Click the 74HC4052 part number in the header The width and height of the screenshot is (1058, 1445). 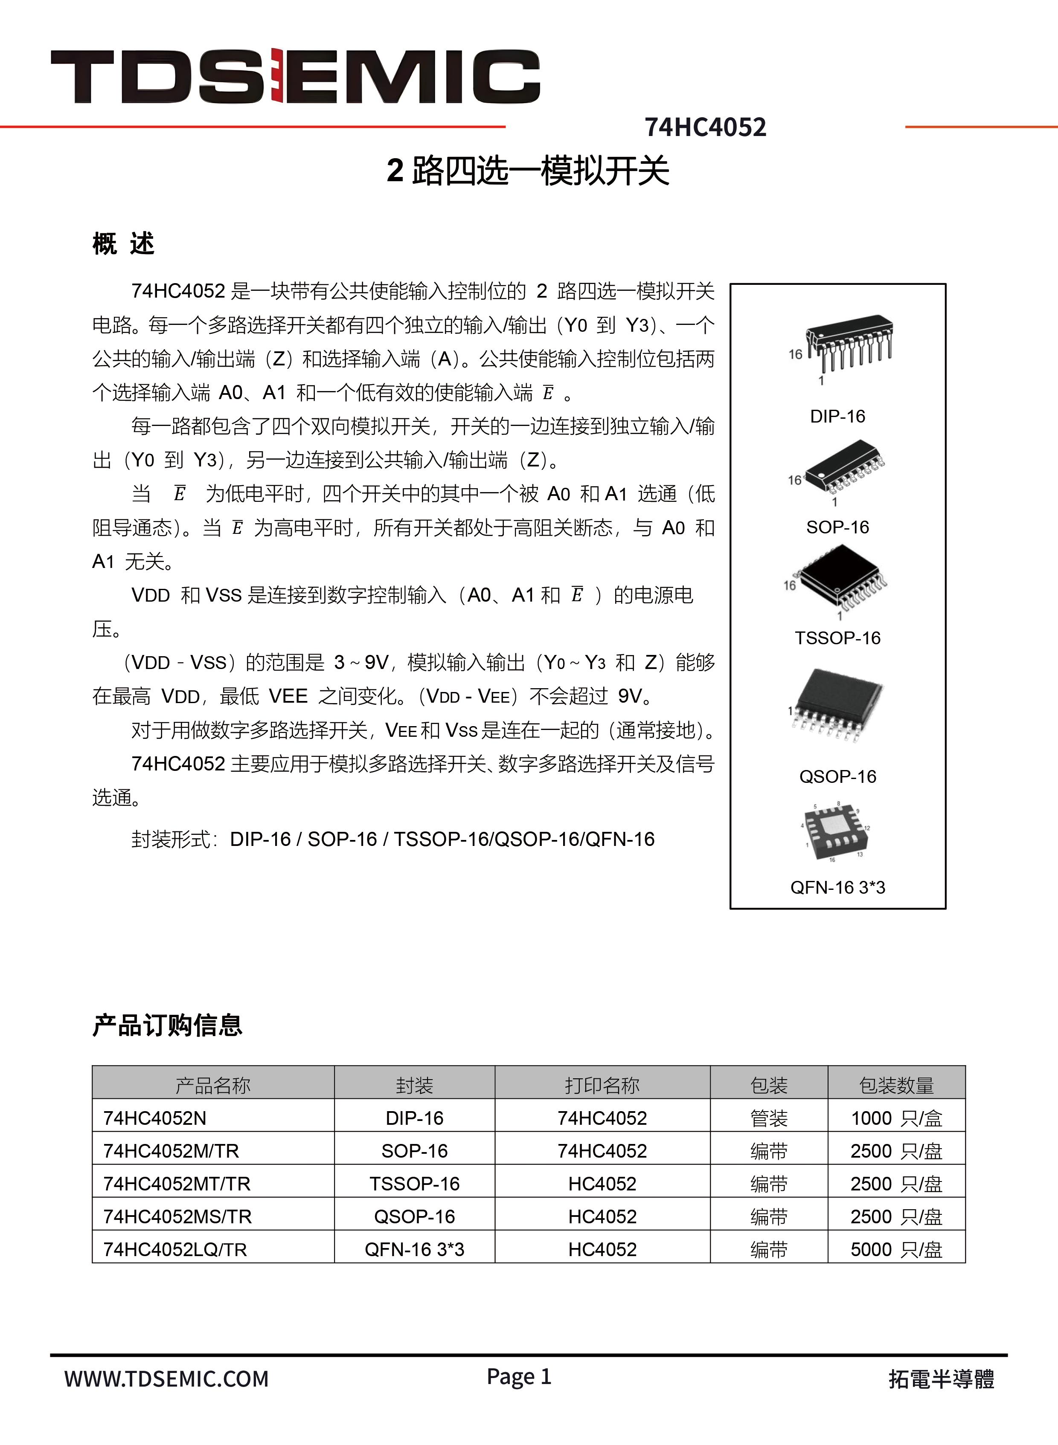pos(705,127)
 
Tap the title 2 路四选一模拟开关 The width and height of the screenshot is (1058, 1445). pos(528,171)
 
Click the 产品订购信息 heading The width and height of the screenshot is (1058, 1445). pos(167,1025)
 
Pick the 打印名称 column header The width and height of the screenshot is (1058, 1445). pos(602,1086)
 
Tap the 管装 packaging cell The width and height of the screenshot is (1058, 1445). pos(768,1118)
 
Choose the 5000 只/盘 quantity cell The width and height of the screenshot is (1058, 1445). pos(896,1249)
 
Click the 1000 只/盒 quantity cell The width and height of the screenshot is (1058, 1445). pos(896,1118)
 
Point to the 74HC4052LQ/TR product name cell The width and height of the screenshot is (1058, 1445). pos(175,1249)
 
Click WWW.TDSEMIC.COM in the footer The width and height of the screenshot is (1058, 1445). pos(166,1378)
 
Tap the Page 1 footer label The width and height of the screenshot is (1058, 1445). pos(519,1376)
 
